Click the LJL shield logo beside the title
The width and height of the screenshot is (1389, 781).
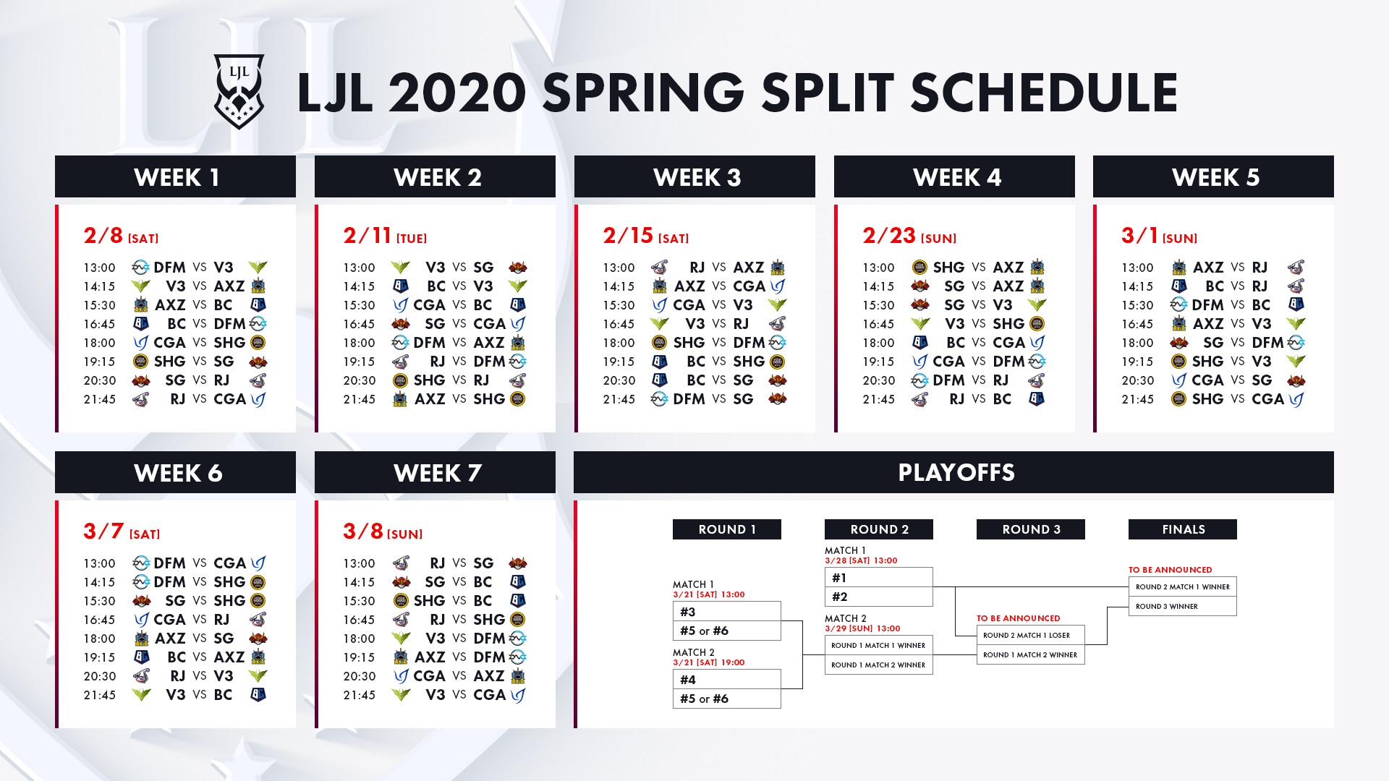[x=239, y=92]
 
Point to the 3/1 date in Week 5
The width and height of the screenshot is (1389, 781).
[x=1139, y=235]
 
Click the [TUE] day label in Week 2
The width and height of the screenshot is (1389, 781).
[x=412, y=239]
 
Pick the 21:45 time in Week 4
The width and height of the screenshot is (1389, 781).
[x=878, y=399]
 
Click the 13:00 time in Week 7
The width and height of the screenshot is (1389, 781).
[x=359, y=563]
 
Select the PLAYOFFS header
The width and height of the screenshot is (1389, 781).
[x=956, y=472]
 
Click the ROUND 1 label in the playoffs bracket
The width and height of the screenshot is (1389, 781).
[x=727, y=529]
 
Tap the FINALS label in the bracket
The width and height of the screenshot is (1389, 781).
[x=1183, y=529]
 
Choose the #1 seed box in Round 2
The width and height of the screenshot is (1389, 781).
[x=879, y=577]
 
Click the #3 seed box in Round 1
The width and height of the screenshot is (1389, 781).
[x=727, y=611]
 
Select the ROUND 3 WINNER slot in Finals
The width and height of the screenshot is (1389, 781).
[x=1183, y=606]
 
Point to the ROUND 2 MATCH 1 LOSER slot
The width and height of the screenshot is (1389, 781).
[x=1031, y=635]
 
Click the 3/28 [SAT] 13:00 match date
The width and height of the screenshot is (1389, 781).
[x=861, y=560]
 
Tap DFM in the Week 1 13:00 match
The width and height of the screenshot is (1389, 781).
[x=169, y=268]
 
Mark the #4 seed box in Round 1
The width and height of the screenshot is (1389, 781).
[x=727, y=679]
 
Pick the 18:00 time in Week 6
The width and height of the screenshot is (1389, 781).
[x=99, y=639]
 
